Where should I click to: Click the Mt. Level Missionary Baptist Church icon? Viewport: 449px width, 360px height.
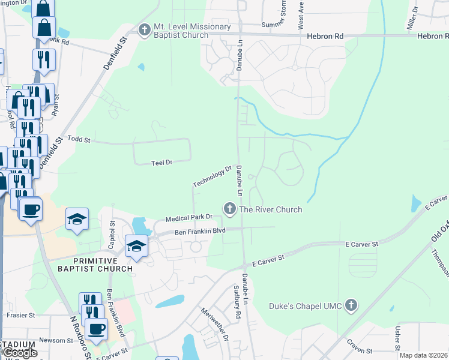tap(144, 30)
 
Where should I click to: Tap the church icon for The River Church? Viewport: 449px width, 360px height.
tap(229, 209)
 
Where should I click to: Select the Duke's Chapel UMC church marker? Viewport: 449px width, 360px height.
tap(351, 306)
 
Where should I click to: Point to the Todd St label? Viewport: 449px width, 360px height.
tap(79, 140)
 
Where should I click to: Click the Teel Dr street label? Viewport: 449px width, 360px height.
tap(161, 162)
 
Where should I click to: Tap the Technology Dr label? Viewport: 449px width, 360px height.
tap(212, 176)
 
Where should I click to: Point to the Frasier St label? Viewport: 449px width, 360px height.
tap(20, 314)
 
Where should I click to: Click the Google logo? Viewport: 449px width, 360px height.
tap(19, 353)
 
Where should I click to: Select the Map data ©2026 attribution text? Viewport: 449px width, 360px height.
tap(423, 355)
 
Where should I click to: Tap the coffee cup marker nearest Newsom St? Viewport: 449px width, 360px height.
tap(96, 329)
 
